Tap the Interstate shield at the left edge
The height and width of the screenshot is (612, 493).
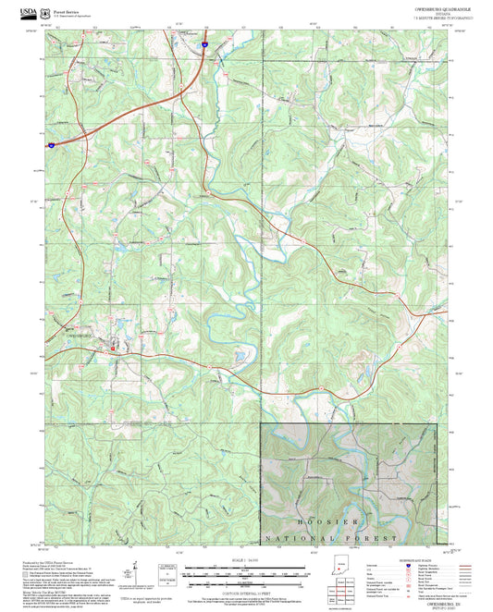click(x=52, y=144)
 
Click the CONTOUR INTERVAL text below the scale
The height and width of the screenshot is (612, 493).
click(x=246, y=591)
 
